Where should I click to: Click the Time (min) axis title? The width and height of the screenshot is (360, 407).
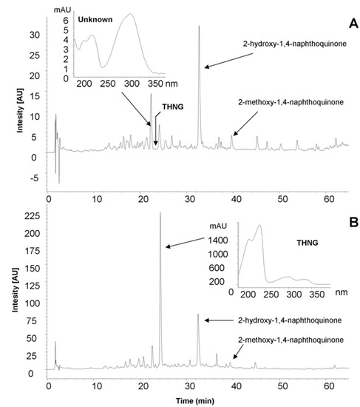pyautogui.click(x=194, y=399)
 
